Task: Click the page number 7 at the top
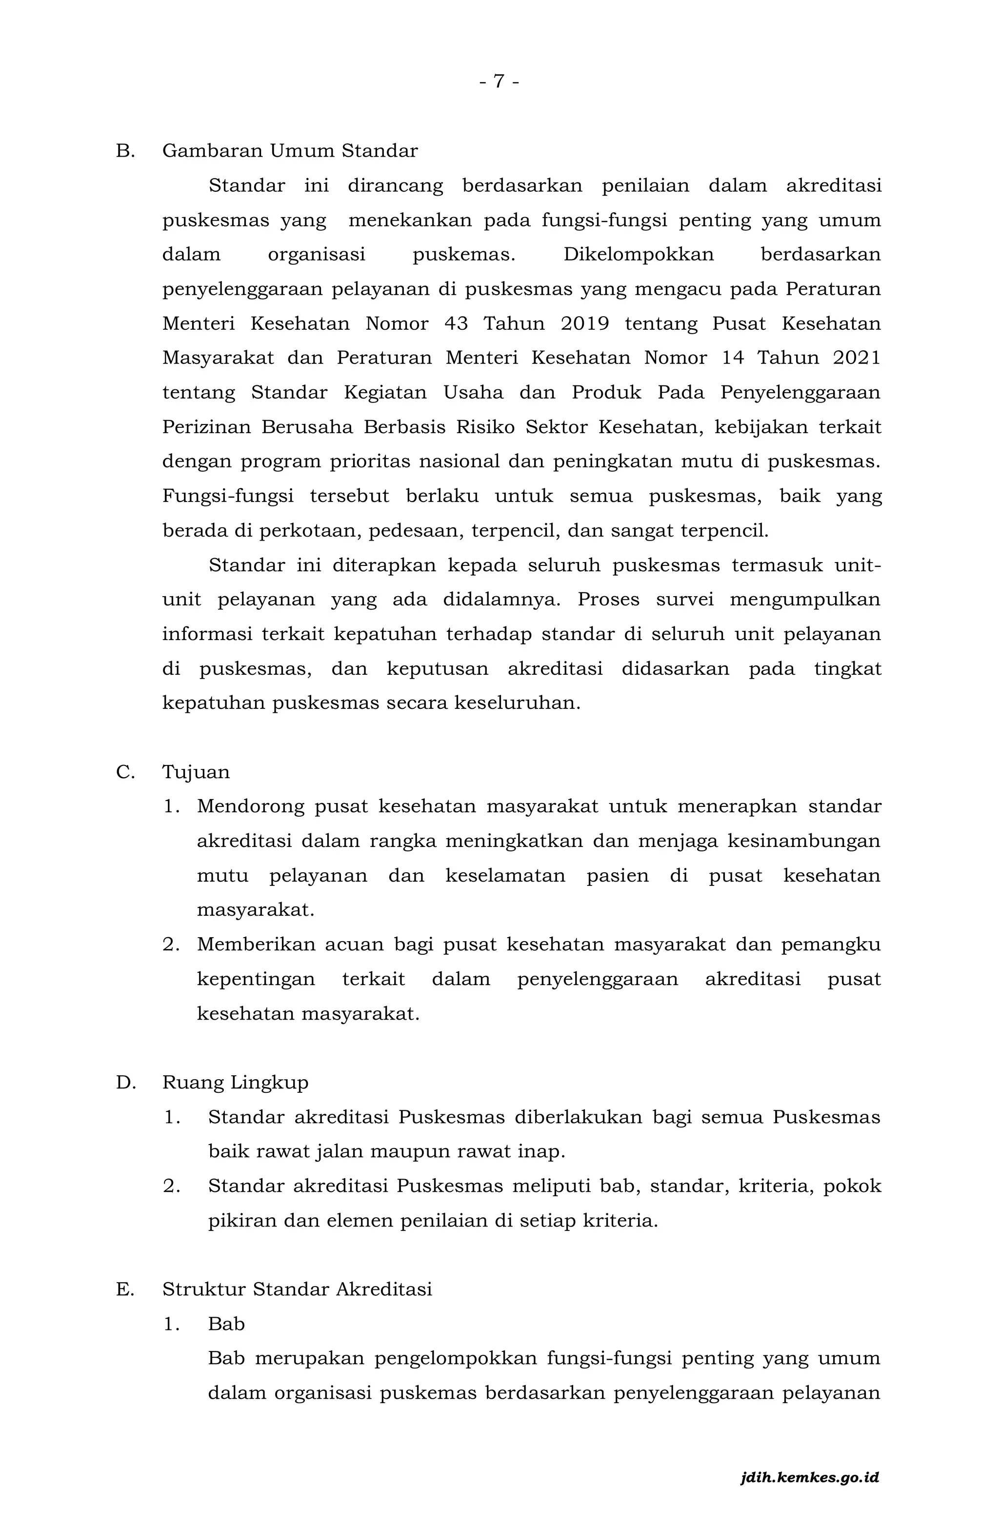point(499,81)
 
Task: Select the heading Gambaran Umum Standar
point(290,151)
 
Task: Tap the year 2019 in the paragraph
point(584,323)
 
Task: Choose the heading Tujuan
point(196,772)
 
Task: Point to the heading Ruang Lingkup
point(235,1083)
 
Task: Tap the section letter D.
point(125,1083)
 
